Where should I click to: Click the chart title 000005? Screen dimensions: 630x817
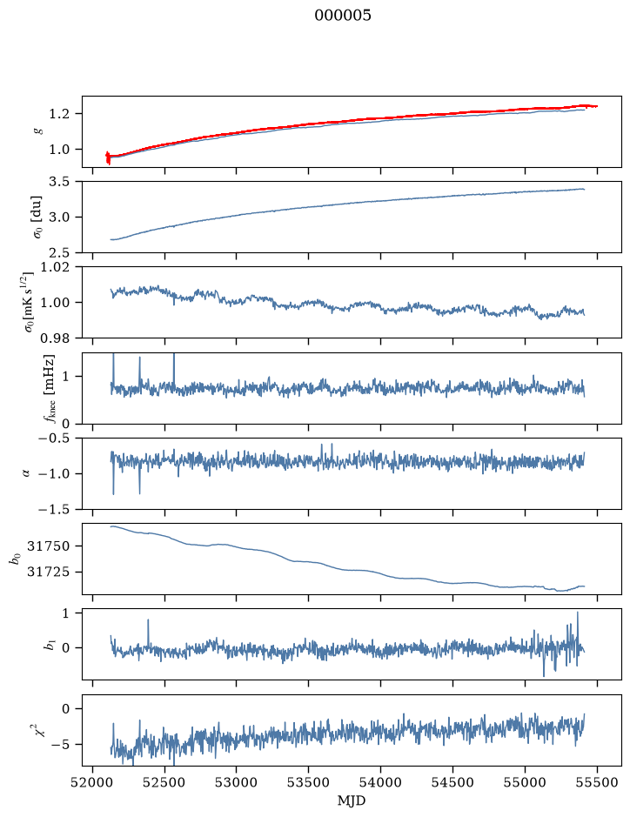[x=342, y=16]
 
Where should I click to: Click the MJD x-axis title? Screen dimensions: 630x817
[x=352, y=800]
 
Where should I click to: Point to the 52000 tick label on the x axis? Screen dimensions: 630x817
[x=93, y=782]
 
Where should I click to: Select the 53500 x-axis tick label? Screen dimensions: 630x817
[x=309, y=782]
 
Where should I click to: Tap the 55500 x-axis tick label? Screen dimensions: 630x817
[x=597, y=782]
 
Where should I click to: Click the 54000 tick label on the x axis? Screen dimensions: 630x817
[x=380, y=782]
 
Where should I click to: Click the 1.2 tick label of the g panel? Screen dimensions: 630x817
[x=59, y=114]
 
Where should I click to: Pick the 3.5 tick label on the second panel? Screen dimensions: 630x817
[x=59, y=182]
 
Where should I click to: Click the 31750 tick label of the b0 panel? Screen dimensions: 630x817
[x=49, y=546]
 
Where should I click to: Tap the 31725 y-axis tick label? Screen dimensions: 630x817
[x=49, y=573]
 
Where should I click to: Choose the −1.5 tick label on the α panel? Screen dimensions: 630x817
[x=54, y=509]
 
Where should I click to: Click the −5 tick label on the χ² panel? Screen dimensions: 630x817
[x=60, y=745]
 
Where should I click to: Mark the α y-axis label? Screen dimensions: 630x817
[x=27, y=473]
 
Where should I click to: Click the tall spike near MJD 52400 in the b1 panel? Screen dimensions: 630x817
[x=148, y=619]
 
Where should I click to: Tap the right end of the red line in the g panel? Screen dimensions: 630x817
[x=597, y=106]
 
